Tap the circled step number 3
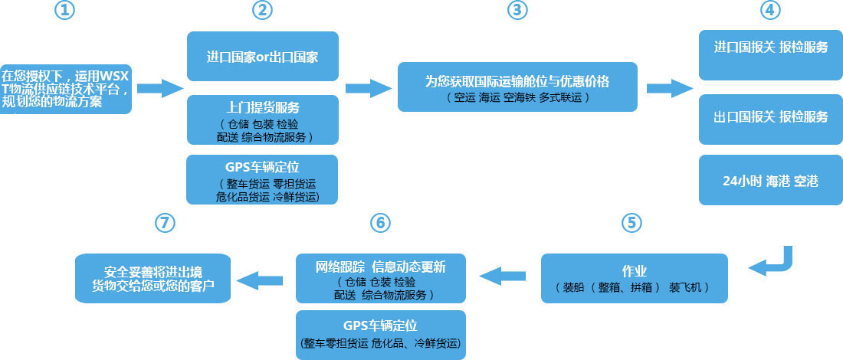518,11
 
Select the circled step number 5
630,222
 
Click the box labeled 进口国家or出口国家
263,57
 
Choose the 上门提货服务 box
263,119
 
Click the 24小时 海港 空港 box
770,181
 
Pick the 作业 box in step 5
634,278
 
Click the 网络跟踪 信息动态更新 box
380,278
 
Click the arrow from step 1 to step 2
160,88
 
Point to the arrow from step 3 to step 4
669,88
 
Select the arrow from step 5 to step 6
502,273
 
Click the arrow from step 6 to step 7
256,279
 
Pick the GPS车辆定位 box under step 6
380,335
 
